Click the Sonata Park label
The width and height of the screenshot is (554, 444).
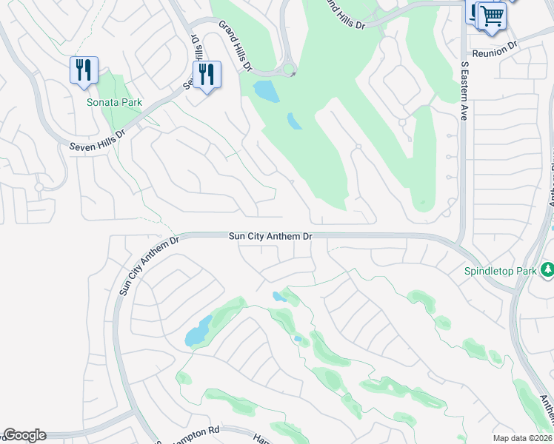point(114,102)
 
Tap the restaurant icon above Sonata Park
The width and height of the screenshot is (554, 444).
point(84,71)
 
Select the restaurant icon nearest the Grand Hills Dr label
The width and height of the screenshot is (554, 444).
point(207,75)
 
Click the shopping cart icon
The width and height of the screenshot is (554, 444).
point(491,16)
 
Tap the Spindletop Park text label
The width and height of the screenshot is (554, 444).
point(500,272)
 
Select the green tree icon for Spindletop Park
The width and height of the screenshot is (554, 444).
point(547,269)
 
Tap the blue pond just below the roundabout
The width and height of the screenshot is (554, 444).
point(266,91)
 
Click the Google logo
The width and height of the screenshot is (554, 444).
point(24,435)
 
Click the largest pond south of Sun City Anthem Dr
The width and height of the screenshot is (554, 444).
point(198,331)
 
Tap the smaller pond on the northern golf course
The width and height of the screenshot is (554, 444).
point(295,121)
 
